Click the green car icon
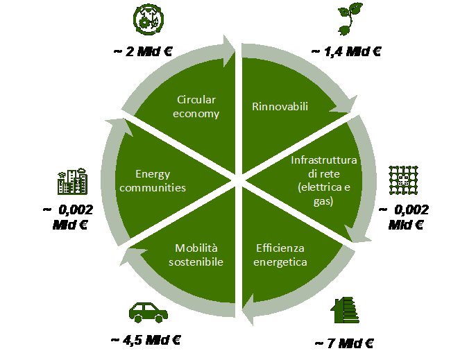coord(148,312)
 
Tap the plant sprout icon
coord(350,19)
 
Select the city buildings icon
coord(72,181)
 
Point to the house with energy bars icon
coord(345,310)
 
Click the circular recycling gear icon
coord(148,19)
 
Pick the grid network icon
coord(403,180)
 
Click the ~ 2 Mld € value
coord(143,51)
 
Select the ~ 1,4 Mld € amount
coord(346,52)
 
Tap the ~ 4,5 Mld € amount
coord(146,341)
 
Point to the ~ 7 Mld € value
coord(344,343)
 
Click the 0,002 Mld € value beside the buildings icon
coord(69,217)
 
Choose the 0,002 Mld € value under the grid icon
coord(404,217)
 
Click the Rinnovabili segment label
coord(280,107)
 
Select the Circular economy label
coord(196,107)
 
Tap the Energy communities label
coord(153,181)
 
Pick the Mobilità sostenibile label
coord(196,255)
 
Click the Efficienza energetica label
coord(280,255)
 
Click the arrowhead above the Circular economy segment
coord(228,51)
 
